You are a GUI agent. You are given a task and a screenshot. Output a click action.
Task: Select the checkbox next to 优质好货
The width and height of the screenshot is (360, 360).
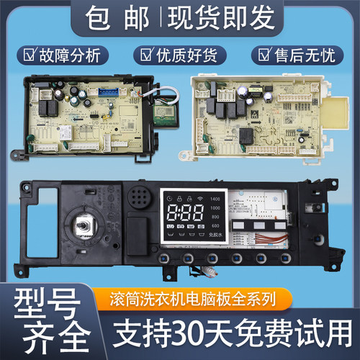pos(146,55)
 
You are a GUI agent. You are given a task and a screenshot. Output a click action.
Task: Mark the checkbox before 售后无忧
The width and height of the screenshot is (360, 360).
pos(261,55)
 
